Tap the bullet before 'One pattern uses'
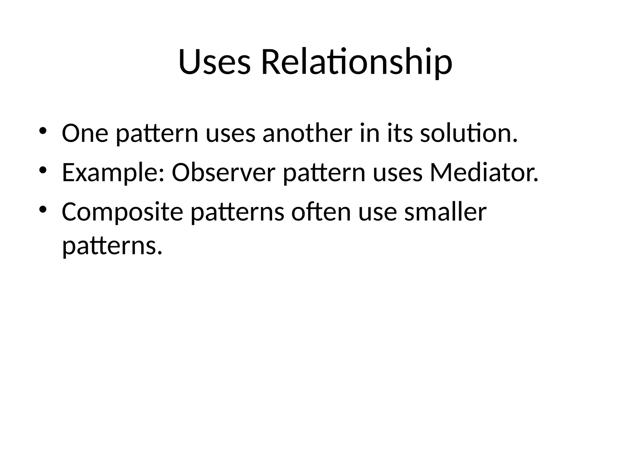[43, 131]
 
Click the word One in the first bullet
[85, 133]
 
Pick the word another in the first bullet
[307, 133]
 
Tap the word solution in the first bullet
[469, 133]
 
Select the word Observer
[223, 173]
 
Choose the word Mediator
[484, 173]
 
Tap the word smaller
[445, 212]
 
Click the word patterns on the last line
[112, 246]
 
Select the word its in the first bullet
[400, 133]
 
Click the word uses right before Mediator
[397, 173]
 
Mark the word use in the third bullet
[377, 212]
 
